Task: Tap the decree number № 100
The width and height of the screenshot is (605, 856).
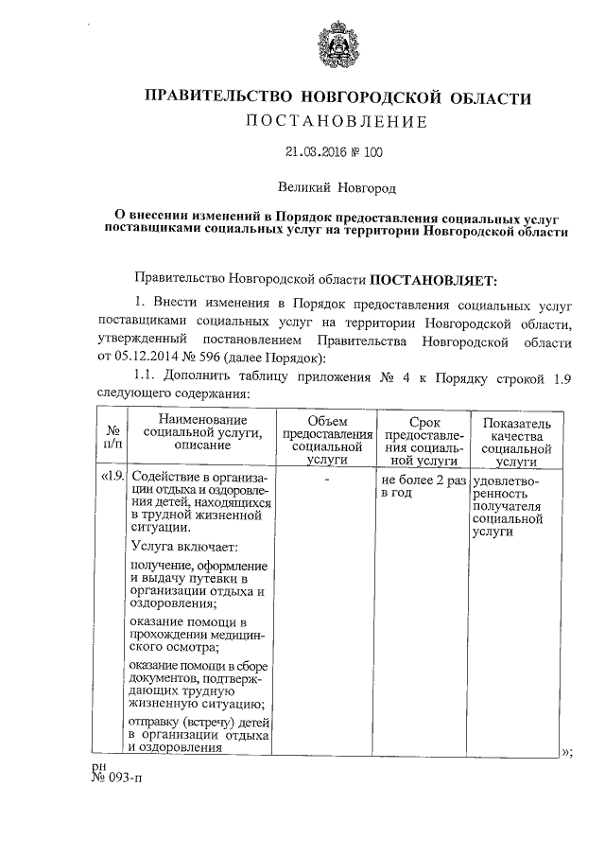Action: pos(369,151)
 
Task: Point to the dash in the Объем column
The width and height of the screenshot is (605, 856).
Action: pos(326,480)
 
